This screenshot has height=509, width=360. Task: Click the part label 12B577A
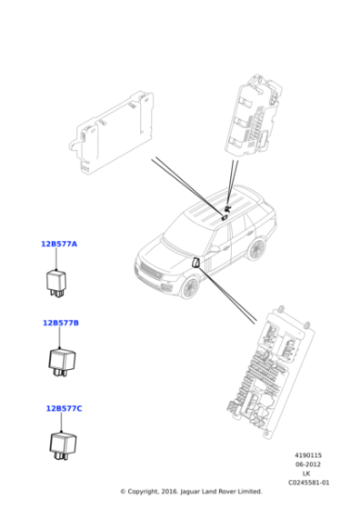pyautogui.click(x=59, y=244)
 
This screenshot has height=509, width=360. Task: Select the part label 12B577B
pyautogui.click(x=61, y=323)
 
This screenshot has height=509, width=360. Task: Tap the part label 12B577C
pyautogui.click(x=64, y=408)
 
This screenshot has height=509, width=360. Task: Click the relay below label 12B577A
pyautogui.click(x=59, y=279)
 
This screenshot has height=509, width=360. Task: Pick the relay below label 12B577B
pyautogui.click(x=61, y=360)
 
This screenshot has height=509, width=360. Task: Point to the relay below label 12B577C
pyautogui.click(x=64, y=444)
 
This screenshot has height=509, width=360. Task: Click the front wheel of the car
pyautogui.click(x=189, y=285)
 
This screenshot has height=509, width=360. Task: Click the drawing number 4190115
pyautogui.click(x=308, y=455)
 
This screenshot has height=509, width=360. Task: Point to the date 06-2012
pyautogui.click(x=308, y=464)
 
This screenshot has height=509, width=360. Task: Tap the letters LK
pyautogui.click(x=306, y=474)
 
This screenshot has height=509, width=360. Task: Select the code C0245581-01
pyautogui.click(x=309, y=483)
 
